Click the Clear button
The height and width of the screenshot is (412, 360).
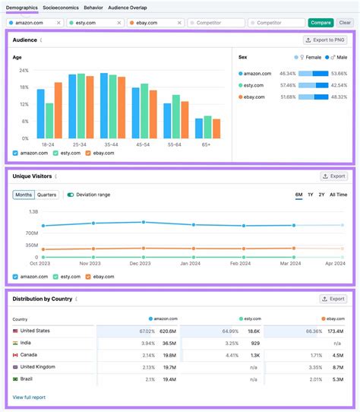click(x=345, y=23)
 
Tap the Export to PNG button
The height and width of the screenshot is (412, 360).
click(x=324, y=40)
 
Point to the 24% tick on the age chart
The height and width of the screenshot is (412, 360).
click(x=24, y=70)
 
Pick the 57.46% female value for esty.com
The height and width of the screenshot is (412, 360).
click(x=287, y=86)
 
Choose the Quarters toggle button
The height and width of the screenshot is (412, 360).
click(x=47, y=195)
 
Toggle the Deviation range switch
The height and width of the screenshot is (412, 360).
click(x=71, y=195)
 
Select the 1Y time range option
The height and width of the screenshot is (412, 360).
click(x=310, y=195)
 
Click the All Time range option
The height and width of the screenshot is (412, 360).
click(x=339, y=195)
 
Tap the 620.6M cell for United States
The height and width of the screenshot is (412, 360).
click(x=168, y=331)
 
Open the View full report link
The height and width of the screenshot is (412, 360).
click(x=29, y=397)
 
